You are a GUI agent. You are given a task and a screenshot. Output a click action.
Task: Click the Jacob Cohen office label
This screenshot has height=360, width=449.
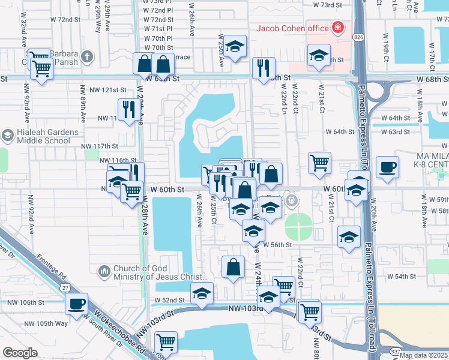coord(292,28)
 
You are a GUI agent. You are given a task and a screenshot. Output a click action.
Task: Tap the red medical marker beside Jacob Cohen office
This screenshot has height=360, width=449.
coord(338,28)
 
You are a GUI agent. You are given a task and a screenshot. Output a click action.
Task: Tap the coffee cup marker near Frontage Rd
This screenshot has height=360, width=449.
coord(76,304)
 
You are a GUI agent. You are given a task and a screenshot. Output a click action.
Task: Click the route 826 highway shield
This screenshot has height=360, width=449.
coord(358,37)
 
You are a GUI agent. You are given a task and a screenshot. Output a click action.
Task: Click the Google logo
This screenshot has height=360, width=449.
coord(20,353)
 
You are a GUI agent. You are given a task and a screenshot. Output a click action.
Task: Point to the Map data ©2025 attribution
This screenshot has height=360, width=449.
coord(423,355)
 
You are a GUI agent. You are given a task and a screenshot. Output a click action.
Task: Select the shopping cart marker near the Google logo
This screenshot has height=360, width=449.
coord(166,343)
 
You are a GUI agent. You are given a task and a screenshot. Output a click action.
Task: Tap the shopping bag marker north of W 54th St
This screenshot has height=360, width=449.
coord(233,267)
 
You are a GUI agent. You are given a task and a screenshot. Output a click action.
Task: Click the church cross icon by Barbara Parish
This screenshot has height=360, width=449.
coord(87,58)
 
